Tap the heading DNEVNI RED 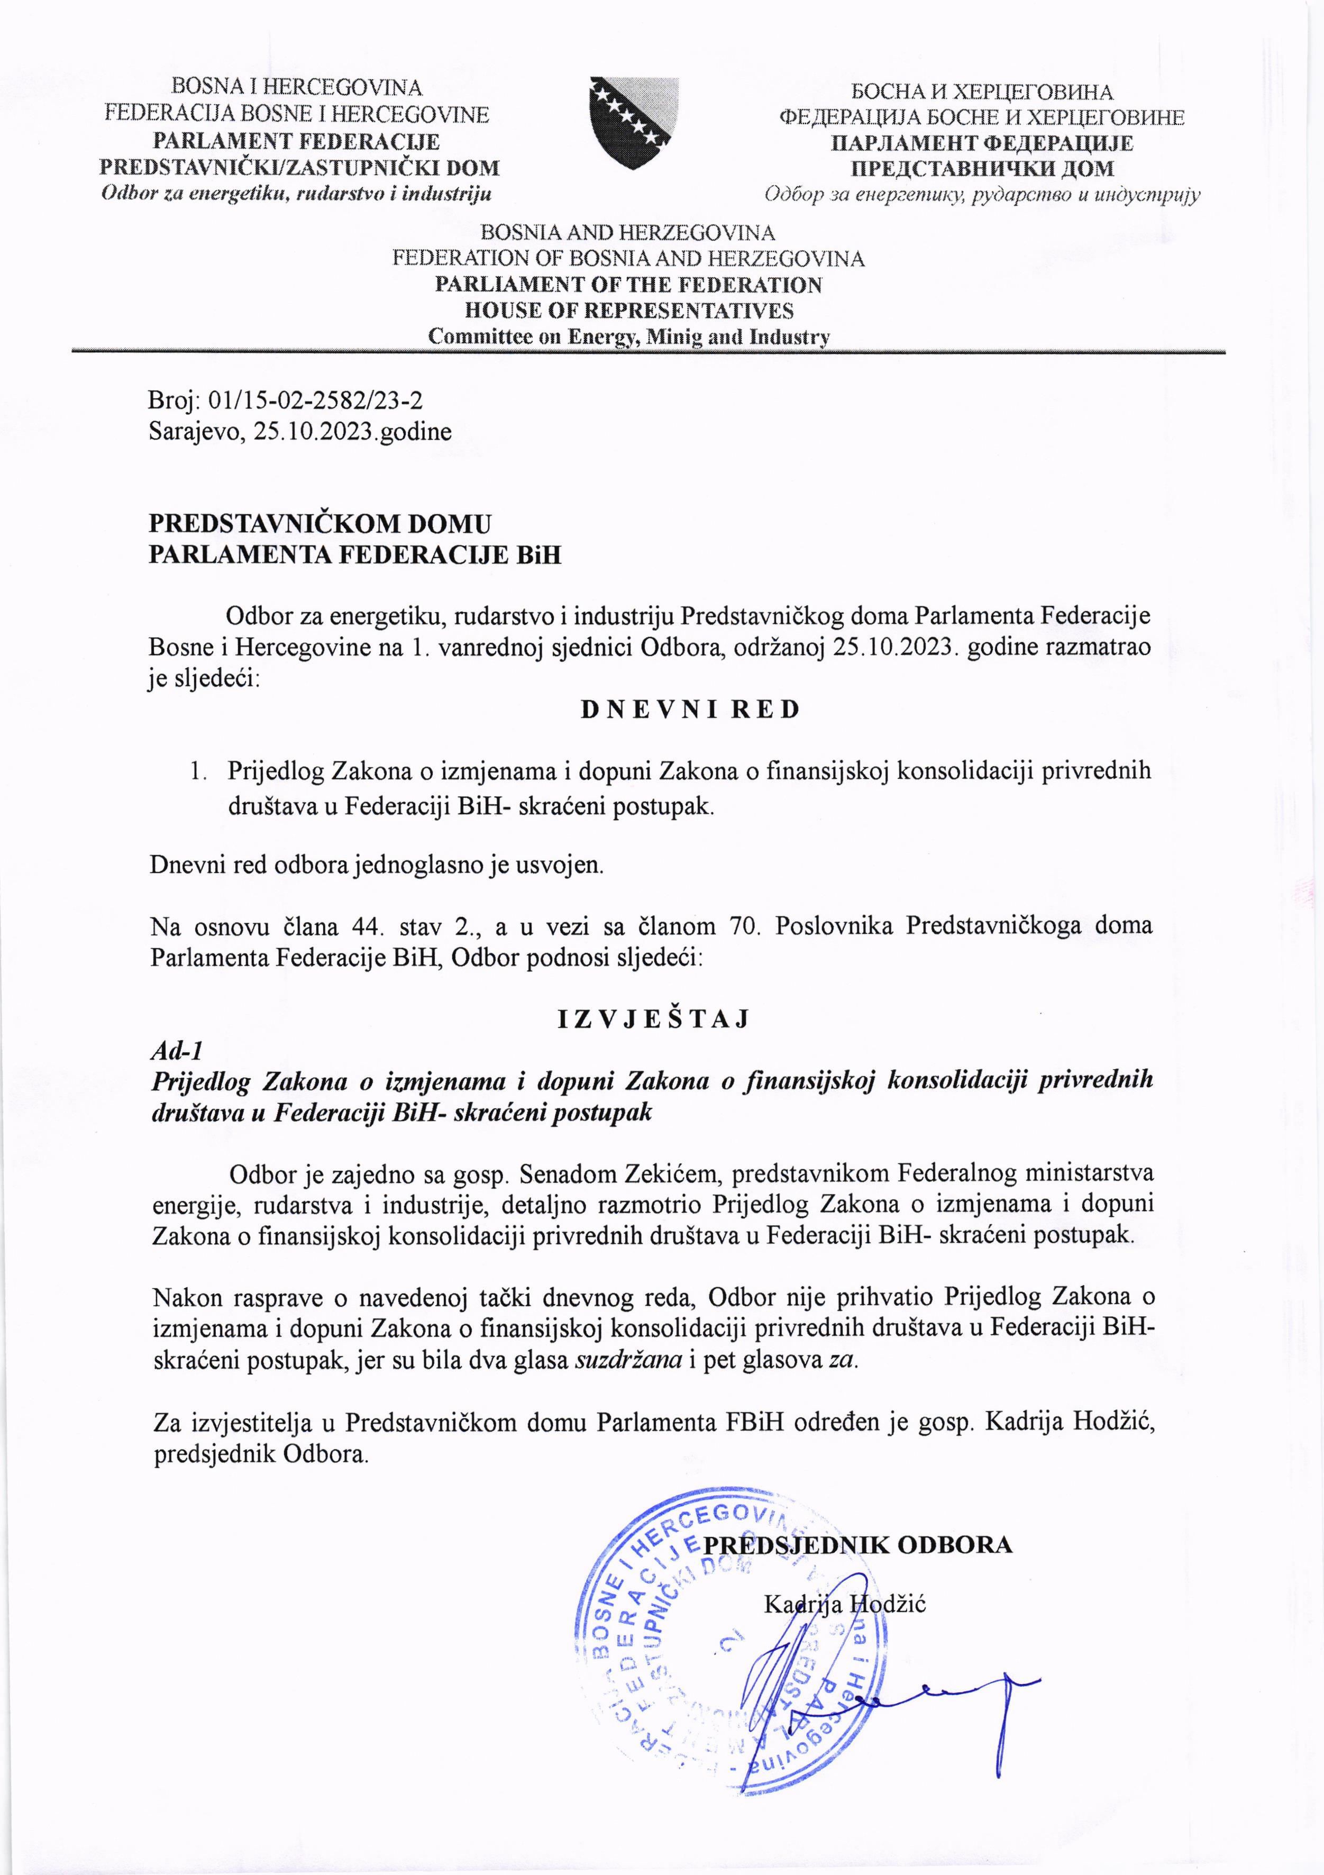click(691, 709)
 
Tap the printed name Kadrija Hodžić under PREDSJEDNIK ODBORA click(845, 1604)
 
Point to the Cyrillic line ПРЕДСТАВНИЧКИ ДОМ click(982, 169)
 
